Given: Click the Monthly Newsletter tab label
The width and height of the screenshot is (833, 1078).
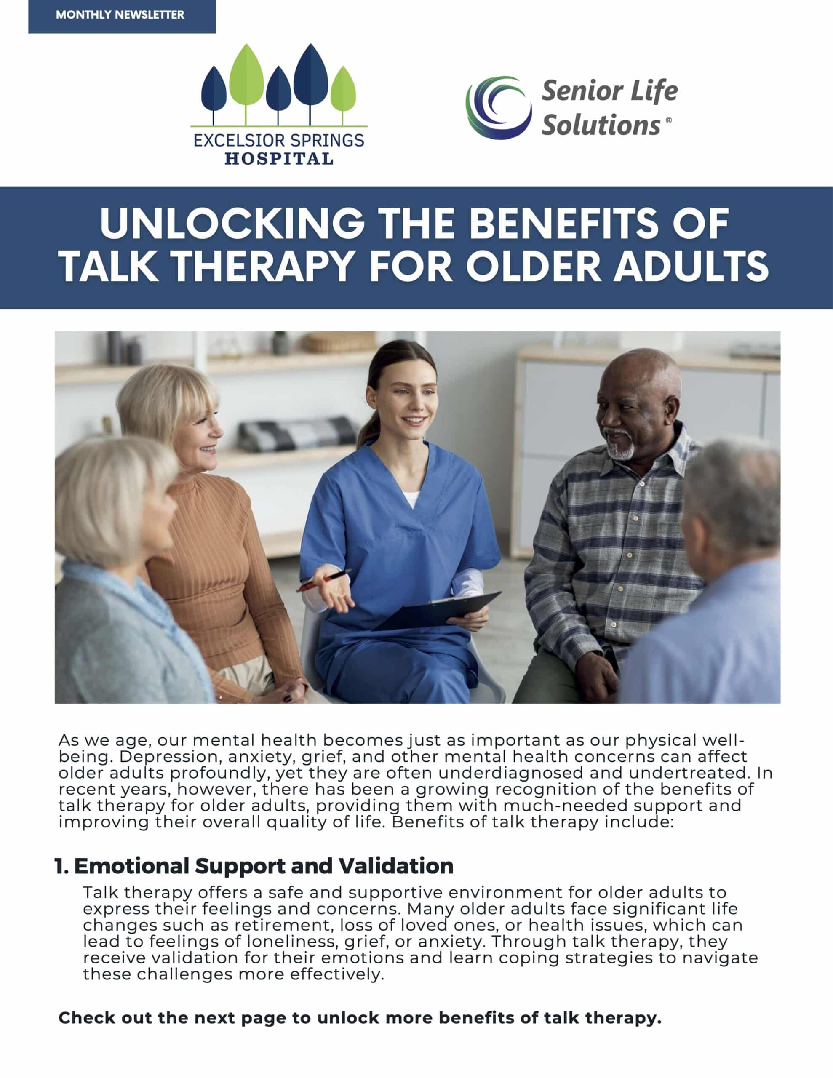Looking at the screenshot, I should pos(120,15).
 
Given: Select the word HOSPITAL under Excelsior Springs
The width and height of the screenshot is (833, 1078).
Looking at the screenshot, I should pos(279,158).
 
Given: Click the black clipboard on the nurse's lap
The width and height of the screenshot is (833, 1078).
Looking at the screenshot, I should pos(437,611).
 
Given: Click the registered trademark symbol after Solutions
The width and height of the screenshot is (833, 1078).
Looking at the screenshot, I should pos(669,120).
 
